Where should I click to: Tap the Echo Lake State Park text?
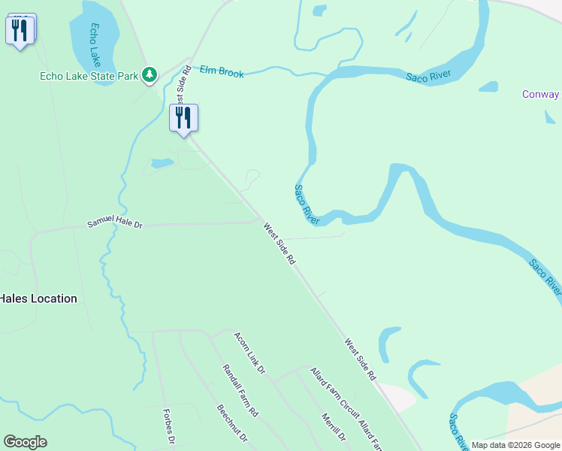89,75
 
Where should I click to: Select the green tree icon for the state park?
150,74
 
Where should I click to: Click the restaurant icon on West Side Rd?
183,118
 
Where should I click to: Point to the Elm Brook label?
222,72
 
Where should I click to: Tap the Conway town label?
541,95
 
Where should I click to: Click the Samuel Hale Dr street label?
114,223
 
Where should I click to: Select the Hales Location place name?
38,298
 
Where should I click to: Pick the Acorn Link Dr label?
249,353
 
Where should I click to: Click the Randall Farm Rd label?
240,391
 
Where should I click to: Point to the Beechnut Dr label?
231,425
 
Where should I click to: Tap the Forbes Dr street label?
170,427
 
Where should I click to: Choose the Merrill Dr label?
333,426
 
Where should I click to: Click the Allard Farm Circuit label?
334,397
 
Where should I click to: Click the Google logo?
25,442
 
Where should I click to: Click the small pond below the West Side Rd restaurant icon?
162,163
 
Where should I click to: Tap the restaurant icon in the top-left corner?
20,30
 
